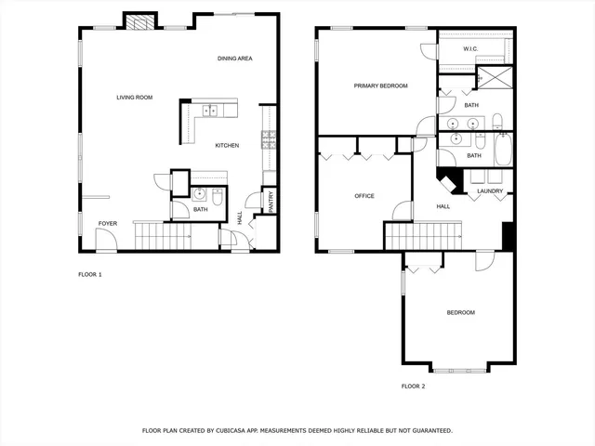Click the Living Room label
point(134,98)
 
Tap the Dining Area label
point(235,59)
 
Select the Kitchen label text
point(228,145)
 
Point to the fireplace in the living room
point(139,23)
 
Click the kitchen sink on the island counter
point(210,111)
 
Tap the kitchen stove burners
point(269,139)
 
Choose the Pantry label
point(271,202)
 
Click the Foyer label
point(108,223)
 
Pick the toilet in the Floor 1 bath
point(217,195)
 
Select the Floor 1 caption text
point(89,274)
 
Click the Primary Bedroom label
point(380,85)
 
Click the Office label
point(364,196)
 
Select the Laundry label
point(490,191)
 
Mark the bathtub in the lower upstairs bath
point(503,150)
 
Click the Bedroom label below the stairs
point(460,312)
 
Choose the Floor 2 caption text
point(413,386)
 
